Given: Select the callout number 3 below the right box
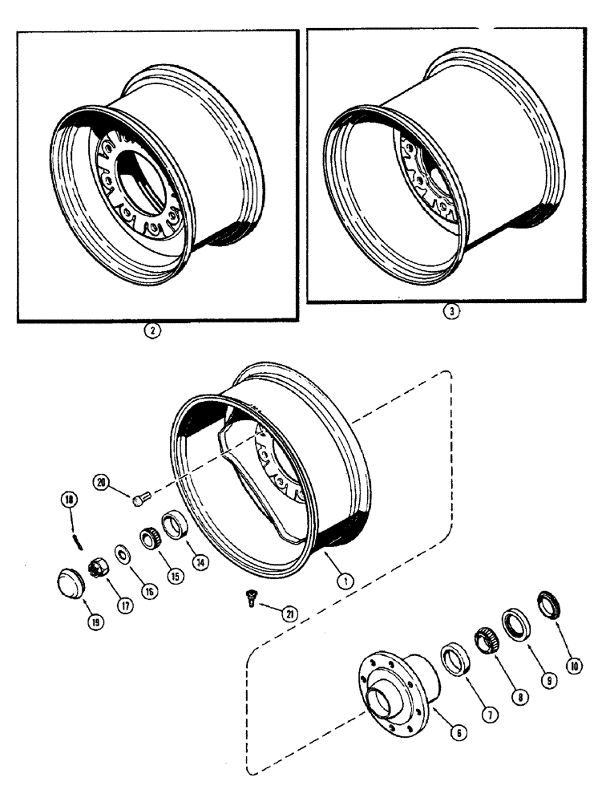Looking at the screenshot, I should [452, 314].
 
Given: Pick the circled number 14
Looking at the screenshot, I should [200, 563].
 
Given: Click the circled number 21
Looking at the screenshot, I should [289, 614].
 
